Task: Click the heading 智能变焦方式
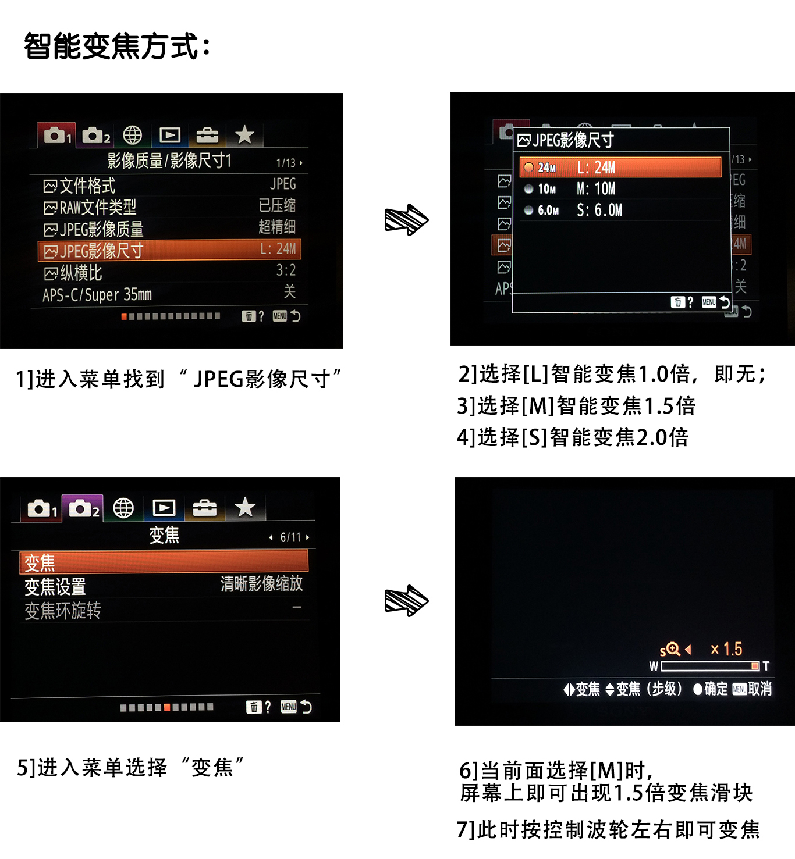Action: pyautogui.click(x=116, y=46)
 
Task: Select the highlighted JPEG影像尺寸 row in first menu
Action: pyautogui.click(x=169, y=251)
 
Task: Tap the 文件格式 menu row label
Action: pyautogui.click(x=87, y=186)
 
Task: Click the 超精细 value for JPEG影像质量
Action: pyautogui.click(x=277, y=227)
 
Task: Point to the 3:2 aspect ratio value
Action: pyautogui.click(x=286, y=270)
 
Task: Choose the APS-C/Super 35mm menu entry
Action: pyautogui.click(x=97, y=295)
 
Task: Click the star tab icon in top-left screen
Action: pyautogui.click(x=244, y=135)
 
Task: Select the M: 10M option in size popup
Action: pyautogui.click(x=596, y=189)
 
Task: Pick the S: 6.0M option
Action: pyautogui.click(x=599, y=211)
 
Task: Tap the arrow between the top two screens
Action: pyautogui.click(x=406, y=220)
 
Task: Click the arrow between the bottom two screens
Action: pyautogui.click(x=406, y=601)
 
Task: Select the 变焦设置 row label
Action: pyautogui.click(x=55, y=587)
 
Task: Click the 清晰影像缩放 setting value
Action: pyautogui.click(x=261, y=584)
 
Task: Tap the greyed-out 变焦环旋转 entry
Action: pyautogui.click(x=63, y=611)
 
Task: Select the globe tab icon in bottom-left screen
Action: pyautogui.click(x=123, y=508)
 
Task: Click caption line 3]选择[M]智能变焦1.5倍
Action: pyautogui.click(x=576, y=406)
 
